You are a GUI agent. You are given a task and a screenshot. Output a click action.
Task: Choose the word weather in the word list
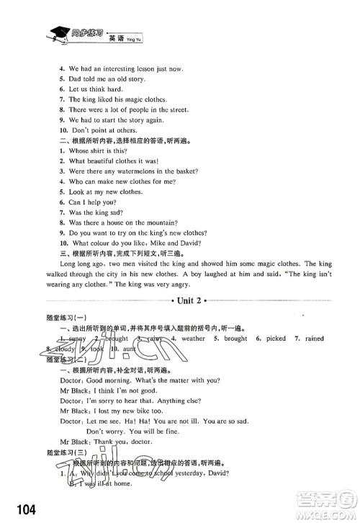pos(193,338)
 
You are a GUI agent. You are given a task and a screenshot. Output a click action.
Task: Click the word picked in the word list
pos(274,338)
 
